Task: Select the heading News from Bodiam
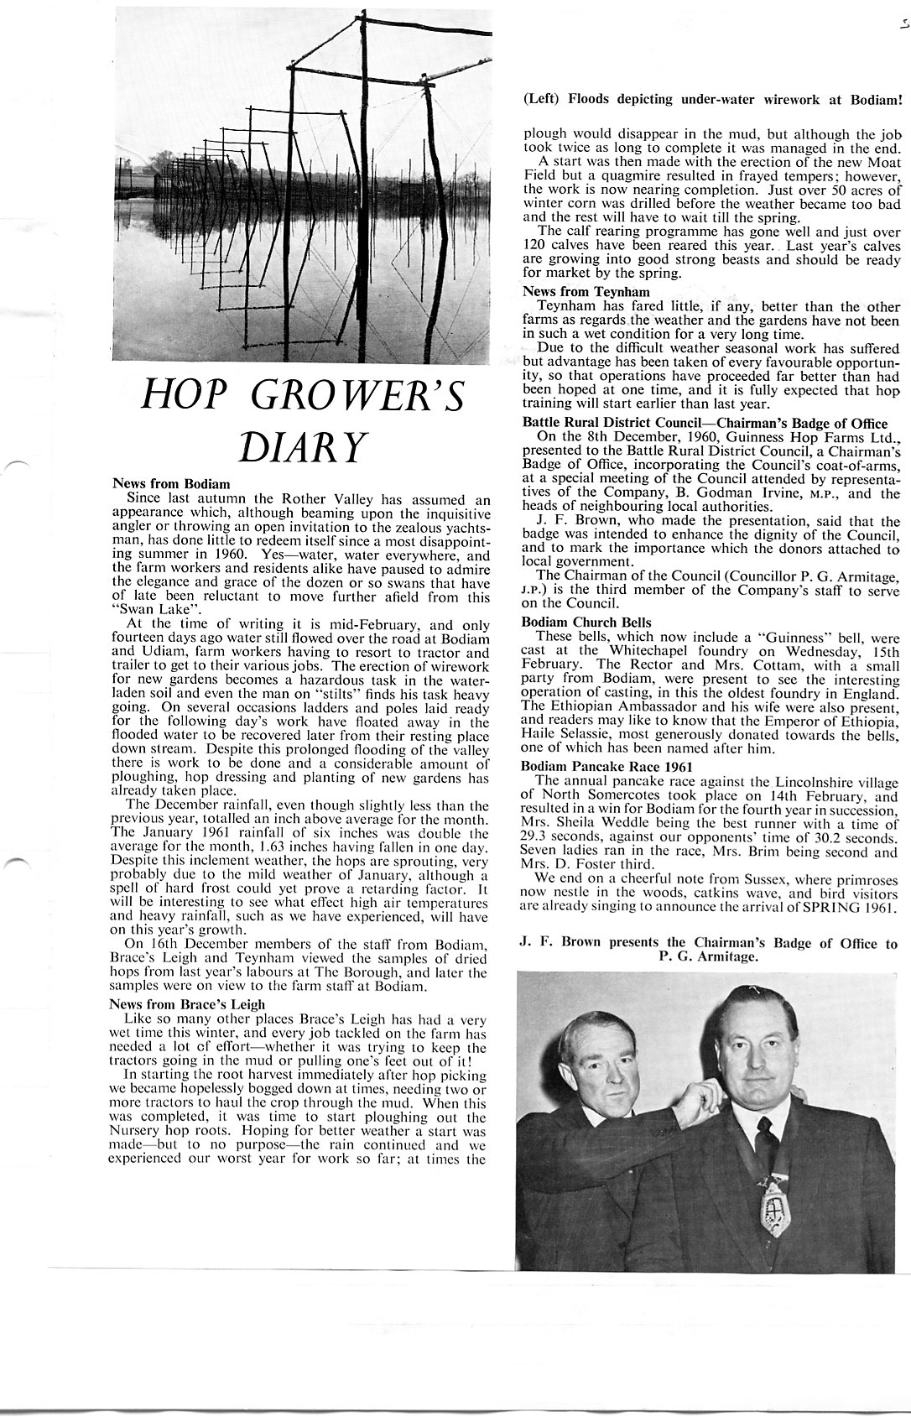(171, 484)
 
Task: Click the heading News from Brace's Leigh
(187, 1004)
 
